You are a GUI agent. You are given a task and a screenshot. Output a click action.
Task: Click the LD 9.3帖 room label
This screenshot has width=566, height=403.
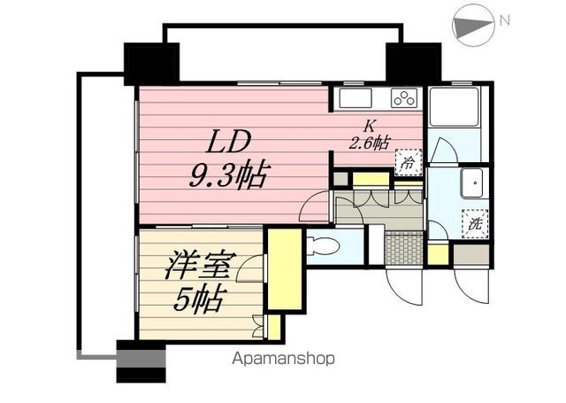tap(228, 159)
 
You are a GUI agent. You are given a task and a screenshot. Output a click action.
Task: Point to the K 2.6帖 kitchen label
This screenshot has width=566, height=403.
tap(369, 136)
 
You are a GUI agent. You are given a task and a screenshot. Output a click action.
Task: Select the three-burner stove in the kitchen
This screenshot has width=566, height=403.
tap(404, 98)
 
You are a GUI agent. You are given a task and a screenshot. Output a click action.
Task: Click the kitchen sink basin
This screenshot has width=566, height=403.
tap(356, 98)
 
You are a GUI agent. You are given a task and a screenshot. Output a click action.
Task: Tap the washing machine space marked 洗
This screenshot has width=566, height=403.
tap(475, 224)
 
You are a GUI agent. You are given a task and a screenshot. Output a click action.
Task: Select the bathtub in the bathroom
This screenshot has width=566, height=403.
tap(454, 106)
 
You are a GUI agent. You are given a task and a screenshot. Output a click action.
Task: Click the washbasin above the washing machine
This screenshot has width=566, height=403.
tap(472, 182)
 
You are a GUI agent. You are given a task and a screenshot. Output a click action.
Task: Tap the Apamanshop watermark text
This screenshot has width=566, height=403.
tap(283, 359)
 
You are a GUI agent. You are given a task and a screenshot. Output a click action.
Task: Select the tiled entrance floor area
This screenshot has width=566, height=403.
tap(404, 249)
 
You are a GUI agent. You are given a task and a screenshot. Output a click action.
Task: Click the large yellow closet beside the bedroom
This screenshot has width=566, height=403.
tap(285, 269)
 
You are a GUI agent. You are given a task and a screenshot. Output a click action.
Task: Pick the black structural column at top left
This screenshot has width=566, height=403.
tap(151, 64)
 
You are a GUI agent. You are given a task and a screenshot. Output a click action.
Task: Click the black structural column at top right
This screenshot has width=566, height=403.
tap(414, 62)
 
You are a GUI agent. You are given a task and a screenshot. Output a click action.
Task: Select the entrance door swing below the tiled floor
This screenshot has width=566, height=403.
tap(403, 285)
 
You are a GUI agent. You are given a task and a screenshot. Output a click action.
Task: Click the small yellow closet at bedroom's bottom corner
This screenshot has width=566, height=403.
tap(274, 326)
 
